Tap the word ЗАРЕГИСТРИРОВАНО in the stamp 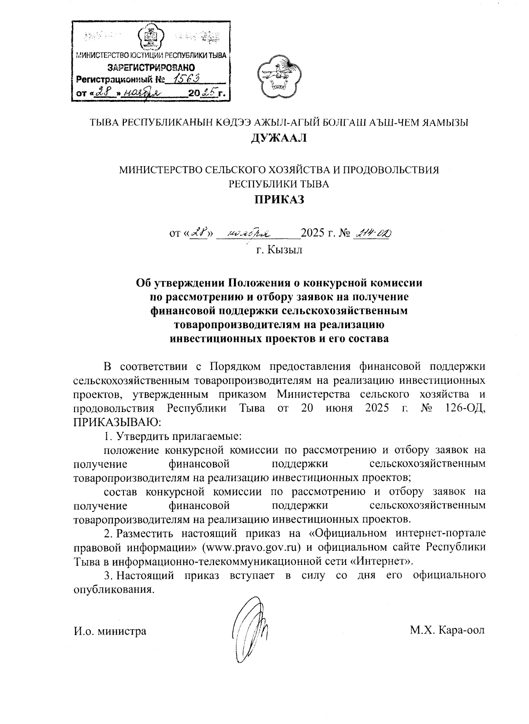point(151,68)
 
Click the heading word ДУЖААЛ point(278,138)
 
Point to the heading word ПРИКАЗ point(278,199)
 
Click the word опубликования point(114,589)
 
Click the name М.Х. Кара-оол point(447,630)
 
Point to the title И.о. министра point(110,631)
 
